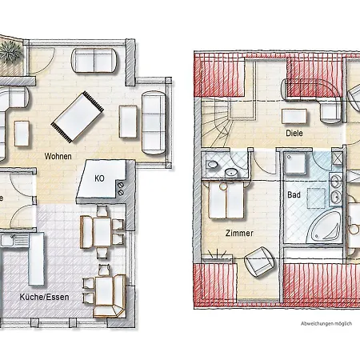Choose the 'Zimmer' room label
[239, 233]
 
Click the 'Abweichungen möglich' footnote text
[326, 323]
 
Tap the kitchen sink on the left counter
[9, 238]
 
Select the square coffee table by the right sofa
[129, 120]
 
